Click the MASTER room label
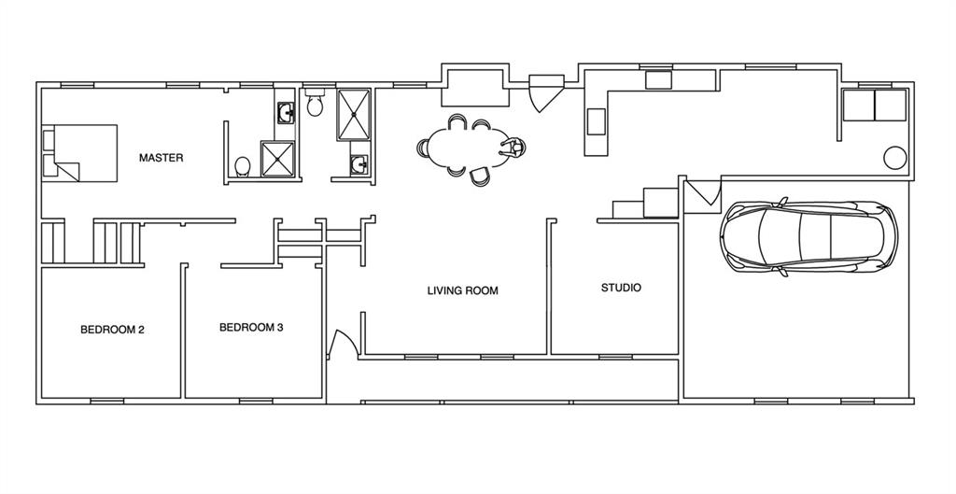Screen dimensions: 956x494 pos(161,158)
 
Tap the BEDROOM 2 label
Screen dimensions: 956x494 pos(112,330)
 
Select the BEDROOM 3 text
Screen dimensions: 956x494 pos(251,328)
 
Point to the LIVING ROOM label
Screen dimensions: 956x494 pos(463,291)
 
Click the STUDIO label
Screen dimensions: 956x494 pos(621,288)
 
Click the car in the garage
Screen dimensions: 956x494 pos(808,234)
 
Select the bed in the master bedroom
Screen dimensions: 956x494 pos(80,152)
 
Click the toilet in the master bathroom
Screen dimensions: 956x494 pos(243,166)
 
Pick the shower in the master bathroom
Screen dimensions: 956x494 pos(278,159)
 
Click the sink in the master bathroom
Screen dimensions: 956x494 pos(286,112)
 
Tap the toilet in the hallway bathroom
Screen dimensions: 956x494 pos(315,103)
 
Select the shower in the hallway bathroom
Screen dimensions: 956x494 pos(354,115)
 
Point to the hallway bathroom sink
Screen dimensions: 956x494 pos(358,164)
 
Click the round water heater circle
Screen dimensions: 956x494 pos(894,157)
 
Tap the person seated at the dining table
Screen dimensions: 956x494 pos(513,148)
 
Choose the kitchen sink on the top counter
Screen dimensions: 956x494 pos(658,80)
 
